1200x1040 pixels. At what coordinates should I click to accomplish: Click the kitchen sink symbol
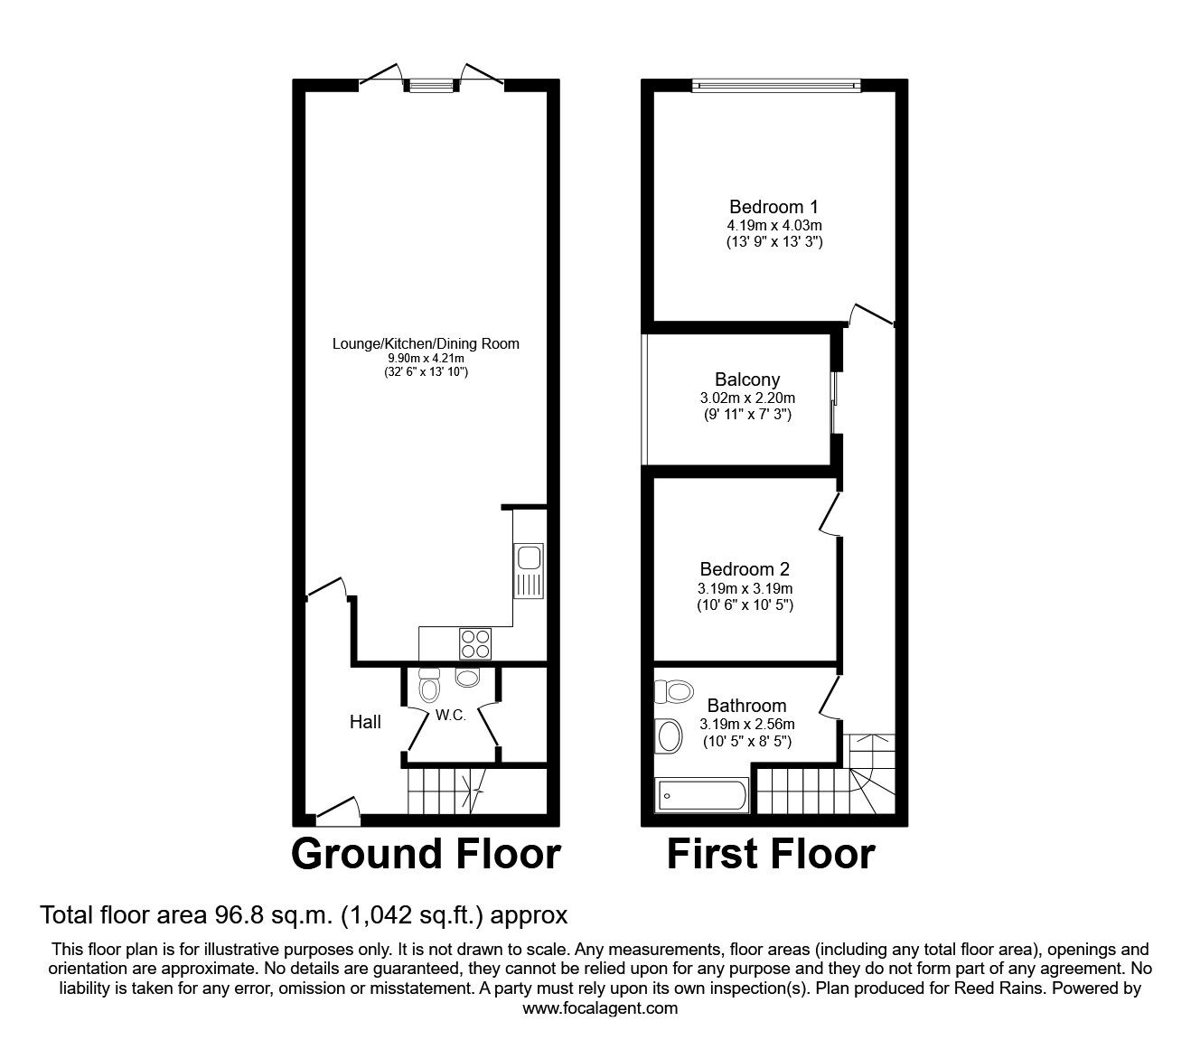(528, 569)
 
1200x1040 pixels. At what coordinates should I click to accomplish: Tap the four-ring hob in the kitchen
(476, 642)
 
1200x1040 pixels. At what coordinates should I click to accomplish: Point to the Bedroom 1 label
(773, 207)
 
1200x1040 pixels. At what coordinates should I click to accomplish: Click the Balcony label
(746, 379)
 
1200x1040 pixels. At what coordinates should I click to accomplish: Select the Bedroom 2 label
(745, 569)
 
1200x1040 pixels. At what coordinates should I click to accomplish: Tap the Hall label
(365, 722)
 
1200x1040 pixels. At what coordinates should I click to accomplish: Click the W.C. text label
(450, 716)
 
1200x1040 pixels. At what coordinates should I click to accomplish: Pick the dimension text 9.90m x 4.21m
(426, 359)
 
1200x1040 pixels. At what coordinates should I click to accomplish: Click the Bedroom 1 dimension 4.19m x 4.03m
(773, 225)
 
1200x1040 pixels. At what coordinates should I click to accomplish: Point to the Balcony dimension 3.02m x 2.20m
(746, 398)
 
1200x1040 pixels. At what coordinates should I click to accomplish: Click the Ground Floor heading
(426, 854)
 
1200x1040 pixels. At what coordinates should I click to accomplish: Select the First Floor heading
(771, 854)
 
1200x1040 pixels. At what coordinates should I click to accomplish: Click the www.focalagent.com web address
(600, 1008)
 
